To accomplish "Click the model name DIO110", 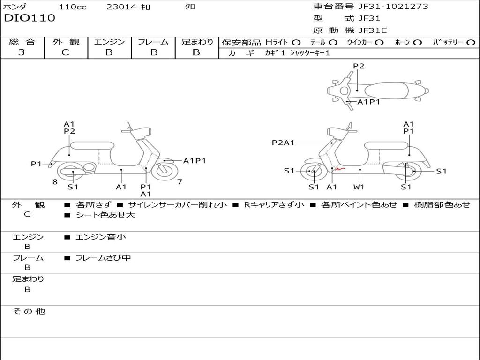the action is tap(30, 18).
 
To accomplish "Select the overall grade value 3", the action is tap(22, 52).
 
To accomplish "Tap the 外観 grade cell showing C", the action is tap(65, 52).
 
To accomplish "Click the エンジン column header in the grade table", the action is tap(109, 42).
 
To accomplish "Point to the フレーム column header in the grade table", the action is tap(153, 42).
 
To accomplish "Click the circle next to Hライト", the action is tap(296, 42).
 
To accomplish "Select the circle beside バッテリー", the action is tap(471, 42).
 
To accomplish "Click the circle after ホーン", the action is tap(417, 42).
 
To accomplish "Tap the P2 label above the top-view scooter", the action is tap(359, 66).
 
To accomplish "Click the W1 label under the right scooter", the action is tap(359, 187).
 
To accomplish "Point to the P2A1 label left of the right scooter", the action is tap(283, 143).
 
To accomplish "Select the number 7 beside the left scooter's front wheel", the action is tap(180, 182).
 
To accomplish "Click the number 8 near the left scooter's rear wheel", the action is tap(55, 182).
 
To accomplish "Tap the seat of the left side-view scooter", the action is tap(92, 145).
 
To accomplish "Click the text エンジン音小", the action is tap(101, 237).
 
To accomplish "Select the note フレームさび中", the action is tap(103, 258).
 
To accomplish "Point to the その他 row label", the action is tap(29, 311).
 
